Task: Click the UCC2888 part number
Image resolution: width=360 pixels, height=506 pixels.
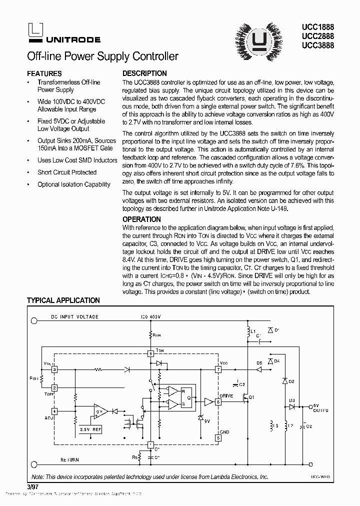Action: point(318,36)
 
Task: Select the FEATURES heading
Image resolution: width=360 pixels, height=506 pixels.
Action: point(44,73)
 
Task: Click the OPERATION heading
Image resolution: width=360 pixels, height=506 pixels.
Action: point(141,219)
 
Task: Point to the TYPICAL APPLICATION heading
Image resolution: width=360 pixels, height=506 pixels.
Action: point(63,300)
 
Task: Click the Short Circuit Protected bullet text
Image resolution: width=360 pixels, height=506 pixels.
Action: point(67,172)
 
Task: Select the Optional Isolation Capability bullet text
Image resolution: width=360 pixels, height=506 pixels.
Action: point(73,184)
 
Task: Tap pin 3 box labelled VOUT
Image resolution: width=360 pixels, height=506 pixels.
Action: point(54,369)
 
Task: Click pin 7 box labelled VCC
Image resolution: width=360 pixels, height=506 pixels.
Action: point(218,369)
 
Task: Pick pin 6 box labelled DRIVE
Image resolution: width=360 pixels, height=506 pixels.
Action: point(218,401)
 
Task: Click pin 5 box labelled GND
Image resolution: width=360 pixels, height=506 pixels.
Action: point(218,437)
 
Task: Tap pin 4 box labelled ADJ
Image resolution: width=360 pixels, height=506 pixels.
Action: point(54,411)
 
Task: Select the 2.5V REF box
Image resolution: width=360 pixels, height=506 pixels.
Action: point(91,429)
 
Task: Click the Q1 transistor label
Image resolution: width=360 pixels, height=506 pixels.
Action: point(251,397)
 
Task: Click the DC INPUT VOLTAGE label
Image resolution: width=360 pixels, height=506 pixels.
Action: point(74,317)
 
